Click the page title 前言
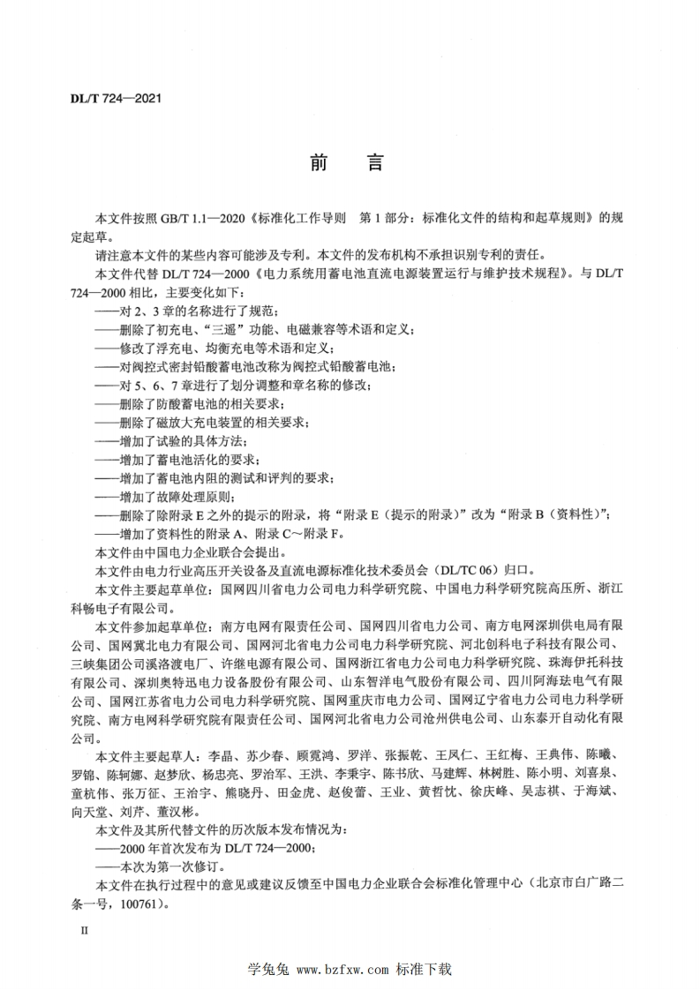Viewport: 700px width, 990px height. (x=349, y=163)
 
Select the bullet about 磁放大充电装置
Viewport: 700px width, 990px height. (x=203, y=424)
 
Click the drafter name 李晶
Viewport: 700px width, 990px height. (x=221, y=756)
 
